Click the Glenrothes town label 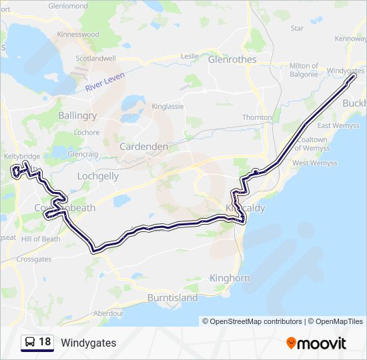coord(232,59)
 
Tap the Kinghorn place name coord(230,278)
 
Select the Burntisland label coord(172,298)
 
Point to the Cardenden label coord(144,146)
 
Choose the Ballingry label coord(77,115)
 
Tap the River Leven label coord(105,81)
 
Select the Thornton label coord(257,117)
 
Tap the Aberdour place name coord(109,313)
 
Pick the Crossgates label coord(34,259)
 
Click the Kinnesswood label coord(79,34)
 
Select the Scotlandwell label coord(95,58)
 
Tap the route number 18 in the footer coord(45,343)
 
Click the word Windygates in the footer coord(88,343)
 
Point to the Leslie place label coord(190,56)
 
